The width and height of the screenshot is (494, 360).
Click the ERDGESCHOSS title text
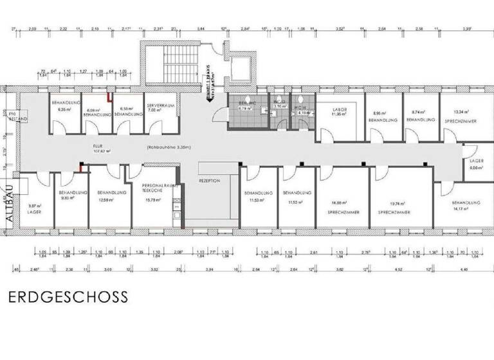[x=68, y=298]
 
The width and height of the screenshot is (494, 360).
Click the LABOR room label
[x=339, y=110]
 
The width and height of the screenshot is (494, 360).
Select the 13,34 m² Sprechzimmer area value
[x=460, y=111]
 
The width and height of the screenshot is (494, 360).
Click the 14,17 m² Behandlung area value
[x=459, y=208]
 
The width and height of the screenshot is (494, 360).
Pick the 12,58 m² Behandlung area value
[x=105, y=199]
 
